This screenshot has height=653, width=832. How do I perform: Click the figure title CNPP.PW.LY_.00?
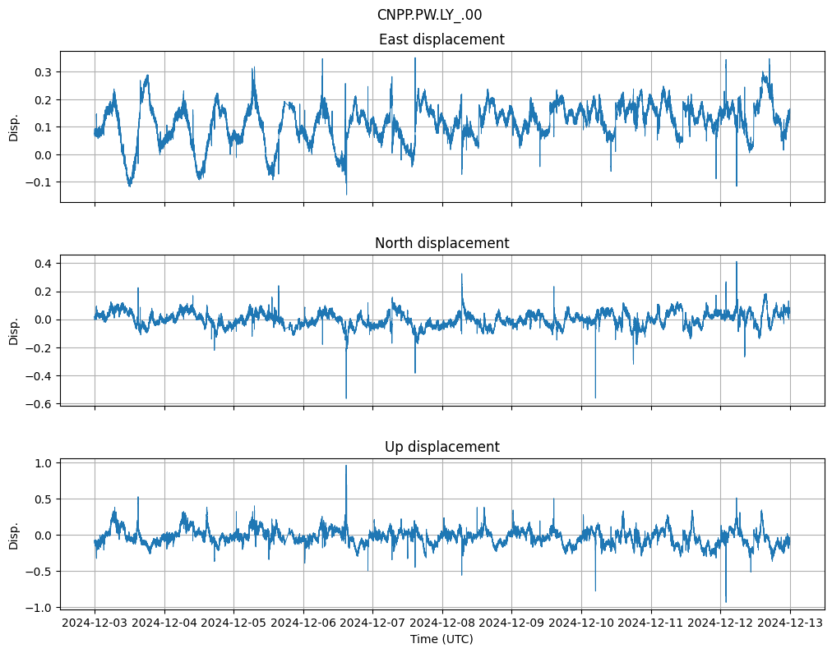point(429,15)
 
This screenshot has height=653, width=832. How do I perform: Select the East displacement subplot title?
point(441,39)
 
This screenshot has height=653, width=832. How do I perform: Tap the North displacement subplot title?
point(441,243)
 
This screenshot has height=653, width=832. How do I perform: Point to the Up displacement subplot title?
point(441,447)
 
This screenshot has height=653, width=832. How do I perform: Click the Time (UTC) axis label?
point(441,639)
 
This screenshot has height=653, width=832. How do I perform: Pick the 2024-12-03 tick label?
point(95,623)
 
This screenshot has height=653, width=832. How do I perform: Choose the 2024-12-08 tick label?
point(442,623)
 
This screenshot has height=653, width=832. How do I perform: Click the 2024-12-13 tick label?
point(790,623)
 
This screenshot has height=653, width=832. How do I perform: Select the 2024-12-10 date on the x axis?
point(581,623)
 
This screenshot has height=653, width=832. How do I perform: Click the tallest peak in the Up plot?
point(346,466)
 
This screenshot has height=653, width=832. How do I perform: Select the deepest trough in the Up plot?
point(726,602)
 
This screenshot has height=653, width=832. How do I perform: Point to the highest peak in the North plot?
point(737,262)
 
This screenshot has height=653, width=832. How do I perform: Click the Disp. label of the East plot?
point(14,127)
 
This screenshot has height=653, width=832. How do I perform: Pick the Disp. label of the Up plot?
point(14,535)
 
